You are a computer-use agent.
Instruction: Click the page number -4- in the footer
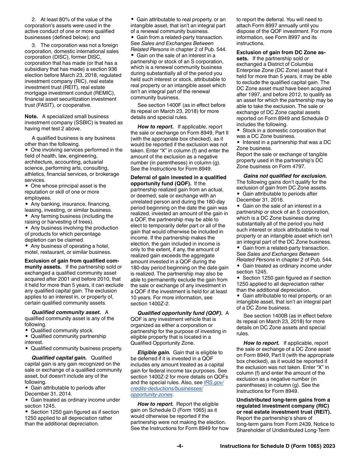click(180, 446)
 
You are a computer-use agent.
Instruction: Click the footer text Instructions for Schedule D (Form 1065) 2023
click(277, 446)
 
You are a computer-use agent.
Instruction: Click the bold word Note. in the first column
click(31, 117)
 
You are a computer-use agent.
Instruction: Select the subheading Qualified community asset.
click(66, 313)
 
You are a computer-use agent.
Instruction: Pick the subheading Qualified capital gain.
click(59, 358)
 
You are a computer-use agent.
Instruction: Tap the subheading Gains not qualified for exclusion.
click(285, 176)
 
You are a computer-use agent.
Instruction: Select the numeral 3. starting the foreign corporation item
click(34, 45)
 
